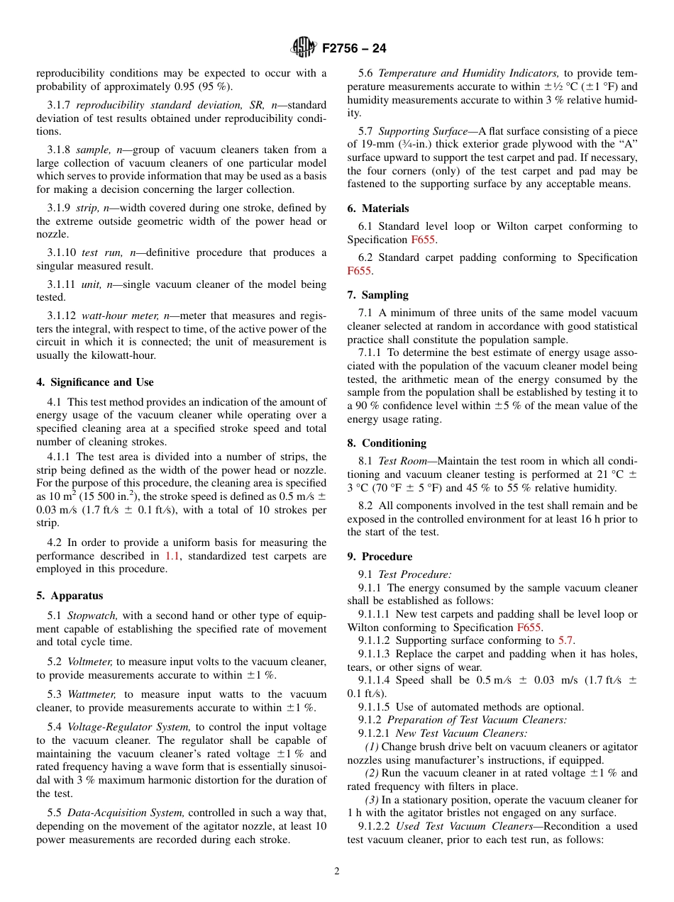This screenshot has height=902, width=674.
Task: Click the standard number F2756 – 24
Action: (x=354, y=49)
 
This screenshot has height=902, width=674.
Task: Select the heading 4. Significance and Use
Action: (x=95, y=382)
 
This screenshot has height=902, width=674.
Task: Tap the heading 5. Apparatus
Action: (x=70, y=596)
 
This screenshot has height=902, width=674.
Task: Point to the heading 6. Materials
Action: (x=378, y=208)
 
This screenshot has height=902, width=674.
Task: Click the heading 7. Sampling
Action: (x=378, y=295)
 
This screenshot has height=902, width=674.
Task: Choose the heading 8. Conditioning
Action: (x=387, y=443)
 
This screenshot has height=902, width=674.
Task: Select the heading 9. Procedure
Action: (x=380, y=557)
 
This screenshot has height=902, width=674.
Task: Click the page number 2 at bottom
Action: (x=337, y=872)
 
